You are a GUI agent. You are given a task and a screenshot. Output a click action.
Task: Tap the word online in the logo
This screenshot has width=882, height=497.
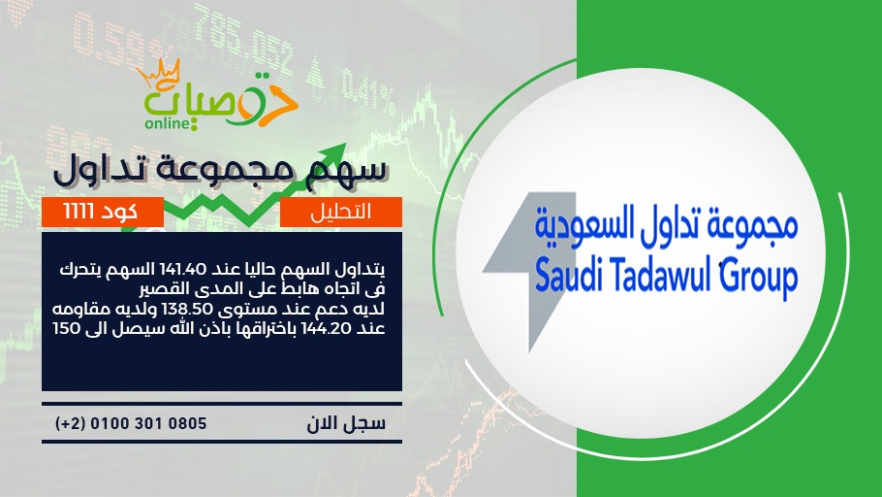pos(167,123)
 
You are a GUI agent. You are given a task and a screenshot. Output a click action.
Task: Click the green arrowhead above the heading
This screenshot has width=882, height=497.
pos(334,154)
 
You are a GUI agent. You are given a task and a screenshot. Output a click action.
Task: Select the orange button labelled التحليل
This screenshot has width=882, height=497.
pos(341,212)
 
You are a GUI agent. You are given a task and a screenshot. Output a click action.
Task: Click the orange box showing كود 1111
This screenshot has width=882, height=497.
pos(103,212)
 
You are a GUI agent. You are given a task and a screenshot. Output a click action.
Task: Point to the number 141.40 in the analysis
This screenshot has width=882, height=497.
pos(184,269)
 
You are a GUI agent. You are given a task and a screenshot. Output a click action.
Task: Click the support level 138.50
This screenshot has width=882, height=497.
pos(187,310)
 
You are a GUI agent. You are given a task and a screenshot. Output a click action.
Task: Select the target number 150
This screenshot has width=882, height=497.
pos(67,328)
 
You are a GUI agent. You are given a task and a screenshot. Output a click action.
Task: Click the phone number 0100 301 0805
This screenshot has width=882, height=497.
pos(148,423)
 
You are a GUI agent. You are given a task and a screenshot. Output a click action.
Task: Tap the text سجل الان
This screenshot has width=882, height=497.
pos(346,423)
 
